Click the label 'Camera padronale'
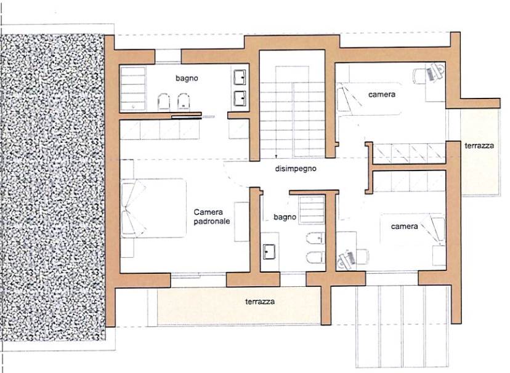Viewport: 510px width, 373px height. click(212, 217)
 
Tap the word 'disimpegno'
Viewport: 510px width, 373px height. click(295, 169)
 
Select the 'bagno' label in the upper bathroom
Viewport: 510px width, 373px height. click(187, 78)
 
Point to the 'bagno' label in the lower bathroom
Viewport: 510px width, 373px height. click(285, 217)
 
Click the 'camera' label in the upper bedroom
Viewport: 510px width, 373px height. click(382, 95)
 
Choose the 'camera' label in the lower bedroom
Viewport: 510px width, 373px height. click(404, 227)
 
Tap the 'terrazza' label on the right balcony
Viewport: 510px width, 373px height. click(479, 145)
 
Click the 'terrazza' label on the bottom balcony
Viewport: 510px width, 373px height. click(260, 302)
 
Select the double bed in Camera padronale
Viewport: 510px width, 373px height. click(153, 208)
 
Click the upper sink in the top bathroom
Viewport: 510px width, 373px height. click(240, 77)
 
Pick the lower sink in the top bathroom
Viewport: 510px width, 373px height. click(240, 98)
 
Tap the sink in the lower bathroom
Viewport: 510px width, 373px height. click(269, 252)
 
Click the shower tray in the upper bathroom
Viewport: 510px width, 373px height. click(132, 89)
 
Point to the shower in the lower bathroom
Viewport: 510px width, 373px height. click(312, 209)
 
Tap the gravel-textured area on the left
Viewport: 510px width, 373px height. click(53, 187)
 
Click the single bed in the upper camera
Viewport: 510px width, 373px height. click(369, 98)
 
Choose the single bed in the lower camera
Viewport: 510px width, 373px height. click(413, 229)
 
